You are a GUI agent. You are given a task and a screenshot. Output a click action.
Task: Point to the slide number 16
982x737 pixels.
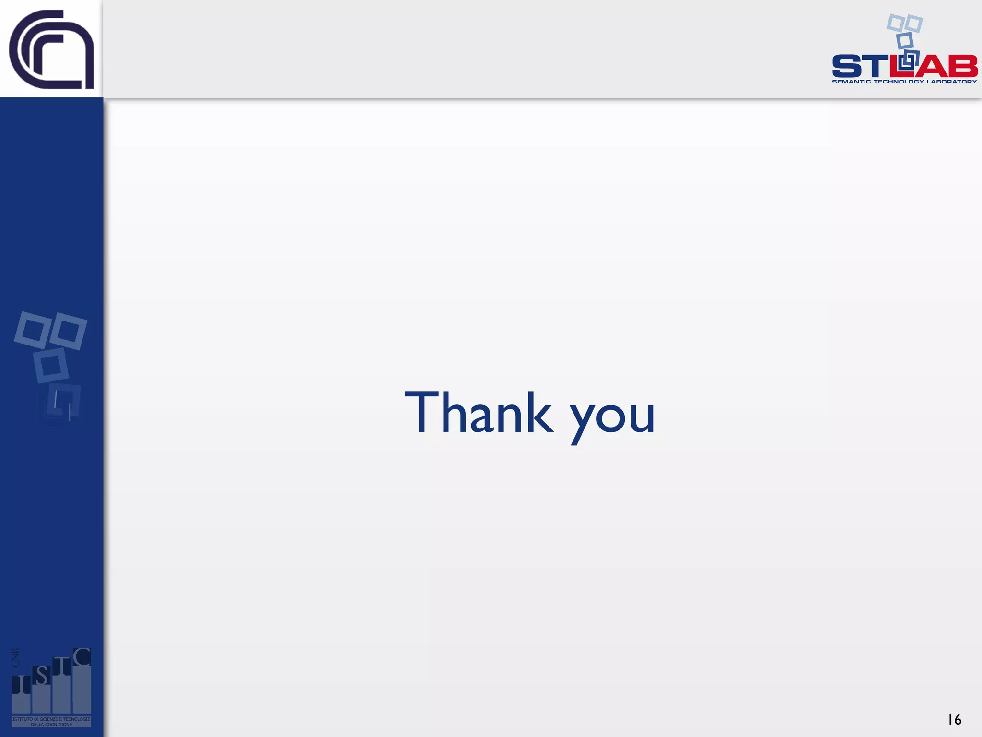pos(954,719)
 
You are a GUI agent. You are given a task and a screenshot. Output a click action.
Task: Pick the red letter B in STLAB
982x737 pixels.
pos(964,66)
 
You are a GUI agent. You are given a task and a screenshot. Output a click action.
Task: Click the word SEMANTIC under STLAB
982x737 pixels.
pos(851,82)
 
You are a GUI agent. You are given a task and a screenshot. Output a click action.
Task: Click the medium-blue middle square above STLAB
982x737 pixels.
pos(905,40)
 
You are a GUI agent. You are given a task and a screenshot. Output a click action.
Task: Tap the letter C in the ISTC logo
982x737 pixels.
pos(82,657)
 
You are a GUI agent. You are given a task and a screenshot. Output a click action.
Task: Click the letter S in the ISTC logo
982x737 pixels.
pos(42,676)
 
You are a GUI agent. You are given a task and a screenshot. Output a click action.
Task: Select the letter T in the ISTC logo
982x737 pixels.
pos(62,666)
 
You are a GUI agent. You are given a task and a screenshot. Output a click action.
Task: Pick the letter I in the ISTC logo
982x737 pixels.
pos(21,685)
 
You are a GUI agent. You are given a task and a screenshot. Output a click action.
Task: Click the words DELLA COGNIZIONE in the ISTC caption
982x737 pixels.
pos(51,725)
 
